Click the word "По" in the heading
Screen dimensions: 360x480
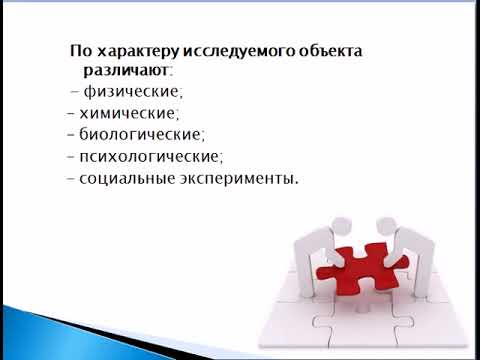(x=80, y=51)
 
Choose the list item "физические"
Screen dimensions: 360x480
(x=127, y=93)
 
